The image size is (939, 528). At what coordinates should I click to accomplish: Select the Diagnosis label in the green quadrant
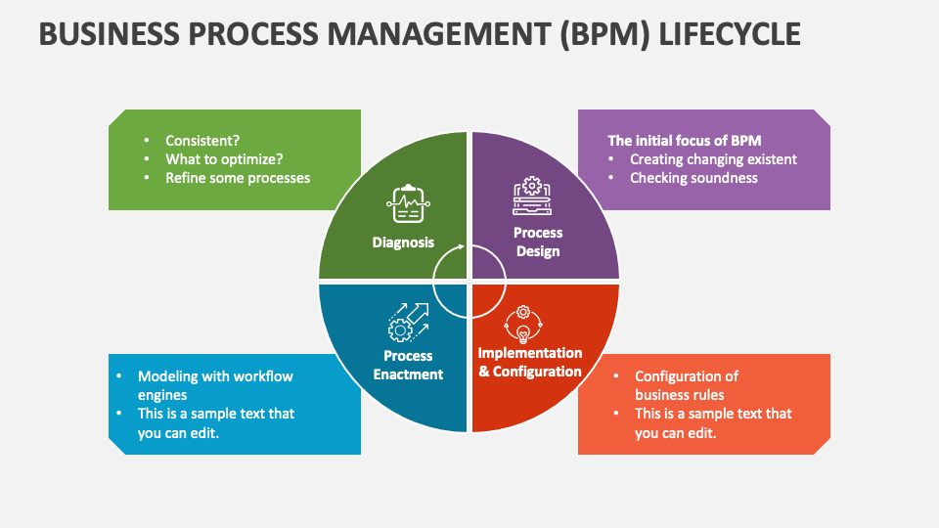pyautogui.click(x=403, y=242)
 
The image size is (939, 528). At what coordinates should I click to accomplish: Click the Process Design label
pyautogui.click(x=538, y=242)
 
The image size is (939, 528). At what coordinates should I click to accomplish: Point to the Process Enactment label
pyautogui.click(x=408, y=365)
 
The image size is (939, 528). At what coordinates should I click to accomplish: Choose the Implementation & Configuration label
pyautogui.click(x=530, y=362)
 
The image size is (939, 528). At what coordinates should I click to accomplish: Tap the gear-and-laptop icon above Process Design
pyautogui.click(x=531, y=196)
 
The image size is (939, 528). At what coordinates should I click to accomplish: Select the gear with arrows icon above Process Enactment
pyautogui.click(x=408, y=320)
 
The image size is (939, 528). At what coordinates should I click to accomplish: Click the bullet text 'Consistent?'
pyautogui.click(x=202, y=141)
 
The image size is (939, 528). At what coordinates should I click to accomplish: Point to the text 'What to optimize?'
pyautogui.click(x=224, y=159)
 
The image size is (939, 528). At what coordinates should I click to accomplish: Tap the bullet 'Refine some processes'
pyautogui.click(x=238, y=178)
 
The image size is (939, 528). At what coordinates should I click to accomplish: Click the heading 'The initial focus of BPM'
pyautogui.click(x=685, y=140)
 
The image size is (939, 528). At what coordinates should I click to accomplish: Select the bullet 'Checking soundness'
pyautogui.click(x=693, y=178)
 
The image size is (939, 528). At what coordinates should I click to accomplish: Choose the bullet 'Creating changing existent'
pyautogui.click(x=713, y=159)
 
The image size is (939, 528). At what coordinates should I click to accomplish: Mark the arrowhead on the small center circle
pyautogui.click(x=463, y=248)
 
